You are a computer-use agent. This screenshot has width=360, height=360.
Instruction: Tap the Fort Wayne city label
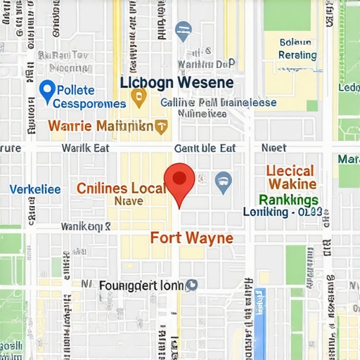click(191, 238)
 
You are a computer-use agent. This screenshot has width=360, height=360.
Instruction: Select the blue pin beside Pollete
click(47, 90)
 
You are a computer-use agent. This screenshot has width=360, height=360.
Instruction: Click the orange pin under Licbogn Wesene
click(139, 98)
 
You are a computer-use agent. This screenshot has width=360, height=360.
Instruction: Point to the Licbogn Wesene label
click(176, 82)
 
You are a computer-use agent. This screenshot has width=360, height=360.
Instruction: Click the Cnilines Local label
click(120, 188)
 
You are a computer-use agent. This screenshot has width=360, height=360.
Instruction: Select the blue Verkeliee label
click(35, 189)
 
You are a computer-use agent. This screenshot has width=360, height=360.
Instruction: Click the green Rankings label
click(289, 199)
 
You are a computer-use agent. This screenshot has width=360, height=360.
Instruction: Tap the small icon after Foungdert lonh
click(191, 285)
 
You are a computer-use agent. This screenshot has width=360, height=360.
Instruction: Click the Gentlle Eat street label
click(205, 148)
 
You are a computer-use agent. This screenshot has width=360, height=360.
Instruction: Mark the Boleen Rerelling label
click(298, 49)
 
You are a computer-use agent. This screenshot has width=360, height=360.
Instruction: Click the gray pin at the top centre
click(181, 29)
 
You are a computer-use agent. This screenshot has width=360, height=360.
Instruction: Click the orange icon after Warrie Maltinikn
click(162, 128)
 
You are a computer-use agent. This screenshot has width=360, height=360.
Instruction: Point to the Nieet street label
click(274, 148)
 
